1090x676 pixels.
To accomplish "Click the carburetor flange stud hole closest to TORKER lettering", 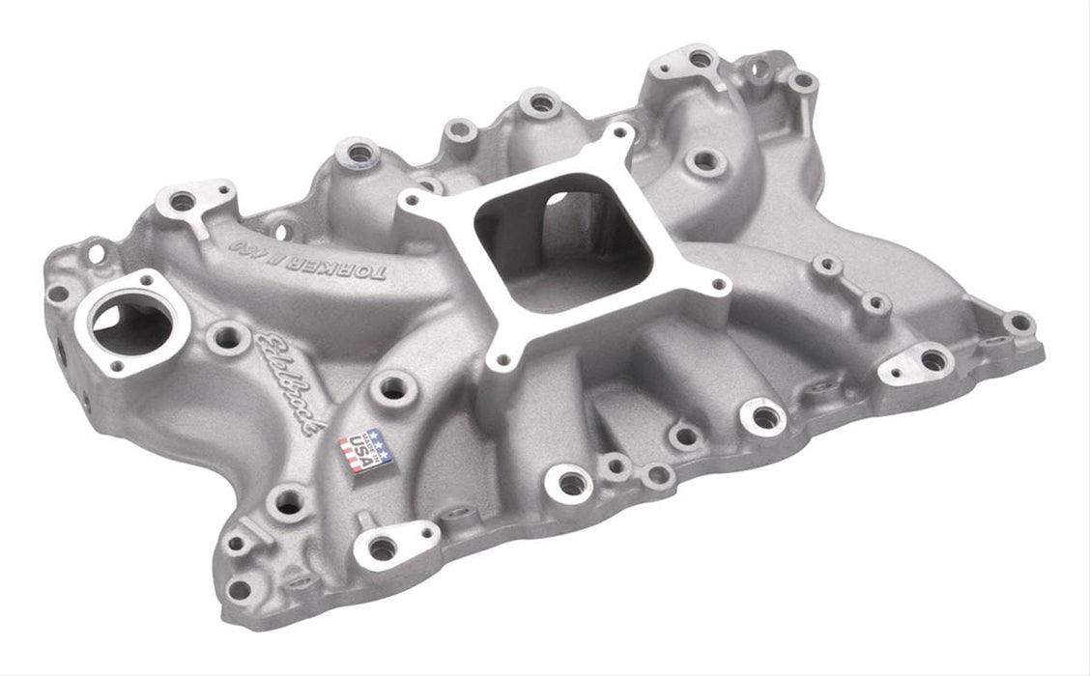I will tap(414, 200).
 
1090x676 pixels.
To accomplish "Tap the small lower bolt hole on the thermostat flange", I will tap(117, 366).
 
